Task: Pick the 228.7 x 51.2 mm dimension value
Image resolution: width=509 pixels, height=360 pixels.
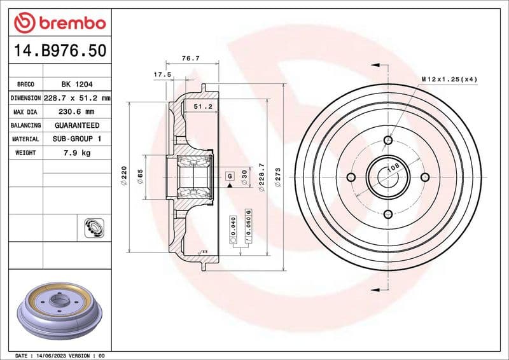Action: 77,98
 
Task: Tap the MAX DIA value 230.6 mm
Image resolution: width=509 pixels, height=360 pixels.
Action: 76,112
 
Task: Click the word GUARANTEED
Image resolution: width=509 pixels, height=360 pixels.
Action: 76,125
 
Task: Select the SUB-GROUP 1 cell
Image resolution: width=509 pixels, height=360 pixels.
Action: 76,139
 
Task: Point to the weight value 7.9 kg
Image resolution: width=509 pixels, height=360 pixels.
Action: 76,153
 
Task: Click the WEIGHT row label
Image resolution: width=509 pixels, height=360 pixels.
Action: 25,153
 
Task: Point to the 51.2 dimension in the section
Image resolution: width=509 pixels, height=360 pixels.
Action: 202,106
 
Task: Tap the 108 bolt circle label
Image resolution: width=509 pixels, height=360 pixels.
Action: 393,167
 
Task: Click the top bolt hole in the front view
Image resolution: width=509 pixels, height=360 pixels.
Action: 388,141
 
